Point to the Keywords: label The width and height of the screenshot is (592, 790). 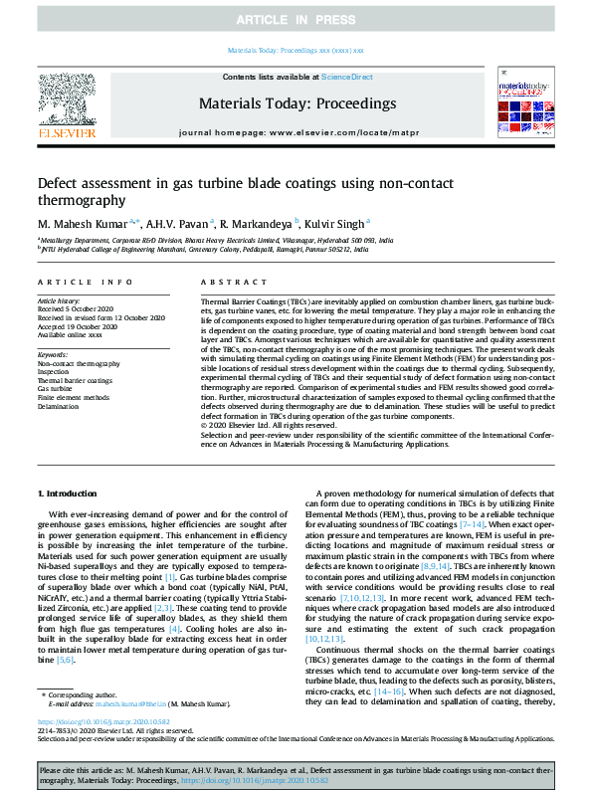point(53,354)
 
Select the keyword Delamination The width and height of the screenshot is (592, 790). point(60,407)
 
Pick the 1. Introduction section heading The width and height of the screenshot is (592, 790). point(70,494)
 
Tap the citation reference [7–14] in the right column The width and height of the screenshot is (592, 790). point(473,523)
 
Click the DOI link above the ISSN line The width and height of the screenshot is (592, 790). point(104,721)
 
